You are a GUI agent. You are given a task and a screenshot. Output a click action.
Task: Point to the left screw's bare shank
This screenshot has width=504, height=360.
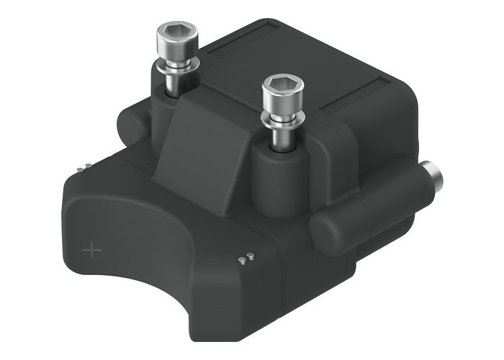point(174,80)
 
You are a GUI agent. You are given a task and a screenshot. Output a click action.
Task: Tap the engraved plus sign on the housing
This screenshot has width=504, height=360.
point(91,250)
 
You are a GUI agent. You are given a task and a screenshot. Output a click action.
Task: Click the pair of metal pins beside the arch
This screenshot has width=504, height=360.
point(246,258)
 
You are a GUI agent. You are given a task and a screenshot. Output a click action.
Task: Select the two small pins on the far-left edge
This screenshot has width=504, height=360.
point(85,168)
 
